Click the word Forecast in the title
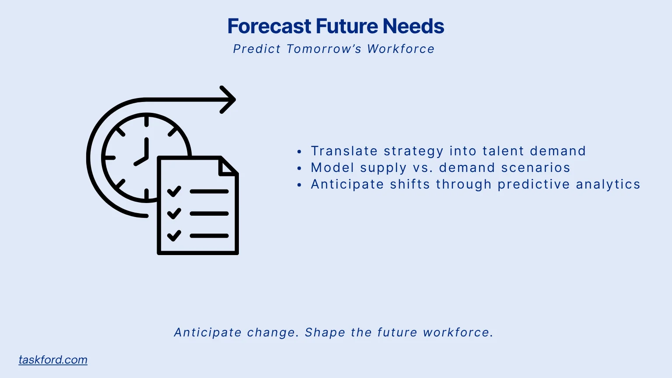tap(269, 26)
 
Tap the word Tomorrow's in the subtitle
tap(324, 49)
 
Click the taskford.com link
tap(53, 360)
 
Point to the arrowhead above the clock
tap(229, 100)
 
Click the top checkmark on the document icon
tap(174, 191)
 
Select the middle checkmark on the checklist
tap(174, 213)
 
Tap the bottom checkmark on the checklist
tap(174, 236)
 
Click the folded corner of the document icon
tap(227, 167)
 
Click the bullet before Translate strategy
tap(299, 152)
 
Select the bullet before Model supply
tap(299, 168)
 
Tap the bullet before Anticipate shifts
tap(299, 185)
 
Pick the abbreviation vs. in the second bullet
tap(423, 168)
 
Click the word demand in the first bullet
tap(558, 151)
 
